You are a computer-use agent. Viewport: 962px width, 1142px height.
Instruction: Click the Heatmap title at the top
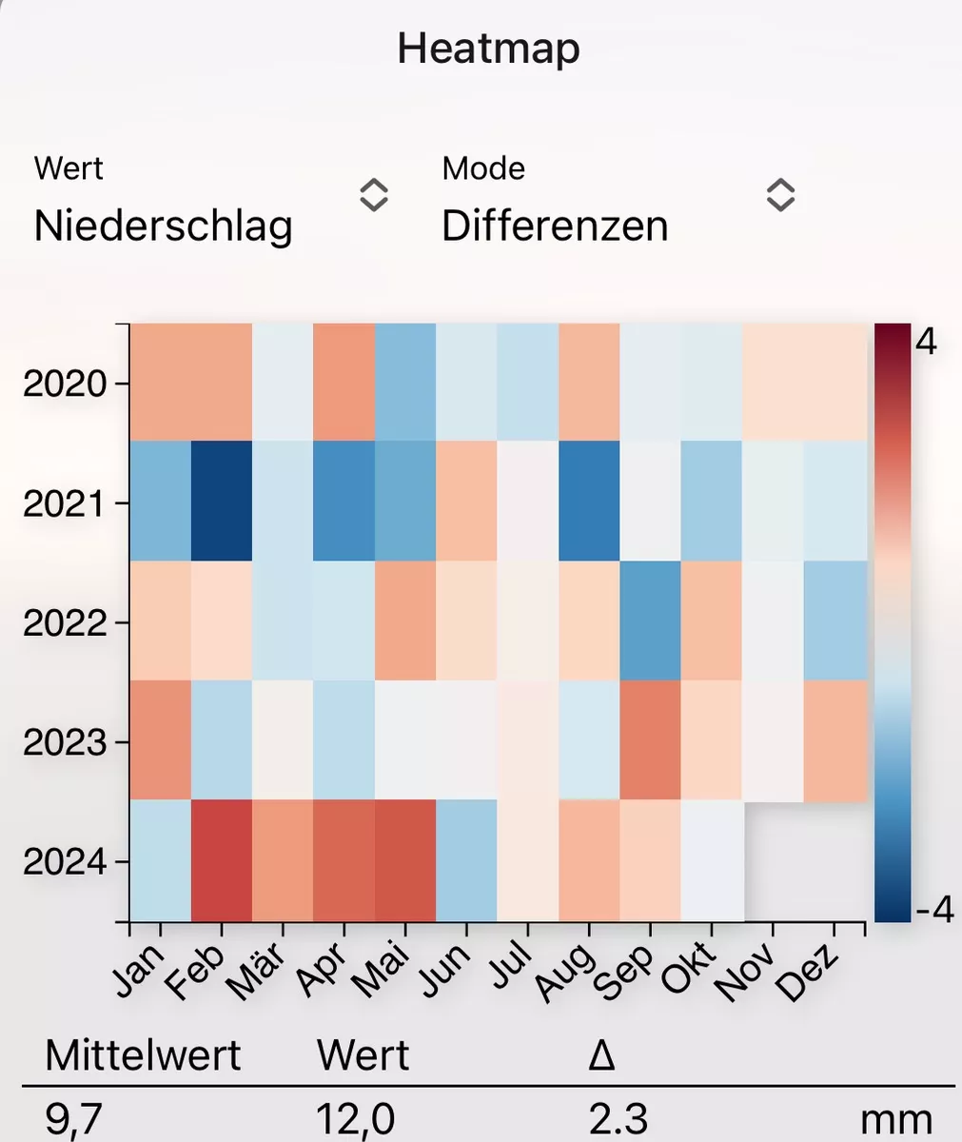click(488, 48)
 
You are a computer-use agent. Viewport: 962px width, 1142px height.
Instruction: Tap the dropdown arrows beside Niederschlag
click(373, 195)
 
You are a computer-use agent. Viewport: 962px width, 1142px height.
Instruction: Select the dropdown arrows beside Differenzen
click(780, 195)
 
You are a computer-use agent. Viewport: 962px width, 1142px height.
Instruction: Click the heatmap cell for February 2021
click(222, 501)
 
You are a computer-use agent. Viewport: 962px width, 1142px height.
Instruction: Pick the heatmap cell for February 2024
click(222, 860)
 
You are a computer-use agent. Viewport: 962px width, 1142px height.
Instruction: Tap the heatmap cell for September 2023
click(651, 740)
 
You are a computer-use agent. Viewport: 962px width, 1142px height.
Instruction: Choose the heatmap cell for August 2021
click(590, 501)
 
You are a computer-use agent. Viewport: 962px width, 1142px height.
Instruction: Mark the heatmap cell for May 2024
click(405, 860)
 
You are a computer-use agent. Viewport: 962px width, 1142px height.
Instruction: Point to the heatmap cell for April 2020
click(344, 382)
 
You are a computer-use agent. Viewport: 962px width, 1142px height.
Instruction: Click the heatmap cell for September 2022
click(651, 620)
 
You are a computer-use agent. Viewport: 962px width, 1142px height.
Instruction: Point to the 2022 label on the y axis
click(64, 624)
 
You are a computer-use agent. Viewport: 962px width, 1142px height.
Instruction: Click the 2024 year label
click(64, 863)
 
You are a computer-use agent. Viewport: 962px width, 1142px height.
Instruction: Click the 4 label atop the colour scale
click(926, 342)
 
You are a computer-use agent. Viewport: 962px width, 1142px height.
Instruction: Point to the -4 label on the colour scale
click(933, 909)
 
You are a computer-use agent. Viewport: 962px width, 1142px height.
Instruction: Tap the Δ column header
click(601, 1056)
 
